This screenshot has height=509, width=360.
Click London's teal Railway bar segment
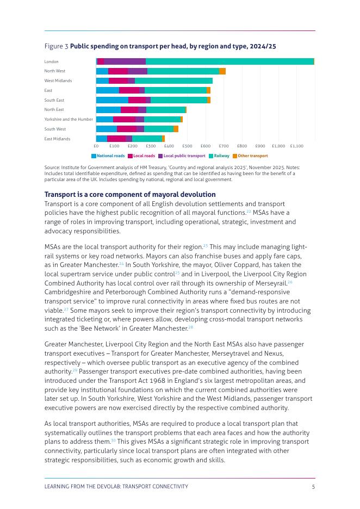(x=229, y=61)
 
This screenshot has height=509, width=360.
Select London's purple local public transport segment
(x=125, y=61)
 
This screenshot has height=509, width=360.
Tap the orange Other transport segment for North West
(x=222, y=71)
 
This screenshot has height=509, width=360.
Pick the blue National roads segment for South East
(x=112, y=100)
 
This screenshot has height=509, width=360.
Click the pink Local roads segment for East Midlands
(x=116, y=139)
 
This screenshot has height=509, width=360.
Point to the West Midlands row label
(x=58, y=81)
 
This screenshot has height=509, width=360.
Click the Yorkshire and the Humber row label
(x=69, y=120)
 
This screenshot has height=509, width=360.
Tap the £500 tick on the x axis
(x=187, y=146)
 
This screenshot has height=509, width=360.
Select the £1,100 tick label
(x=296, y=146)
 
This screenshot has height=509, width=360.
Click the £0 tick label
(x=96, y=146)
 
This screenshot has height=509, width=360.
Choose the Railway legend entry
(x=219, y=156)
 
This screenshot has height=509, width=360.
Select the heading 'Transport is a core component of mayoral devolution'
(x=130, y=195)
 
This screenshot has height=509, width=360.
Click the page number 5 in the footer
(x=313, y=487)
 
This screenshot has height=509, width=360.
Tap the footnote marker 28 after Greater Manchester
(x=191, y=327)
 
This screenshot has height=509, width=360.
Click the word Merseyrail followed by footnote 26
(x=271, y=283)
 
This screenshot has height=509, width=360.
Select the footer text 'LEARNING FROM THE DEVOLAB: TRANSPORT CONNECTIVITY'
(x=116, y=487)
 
